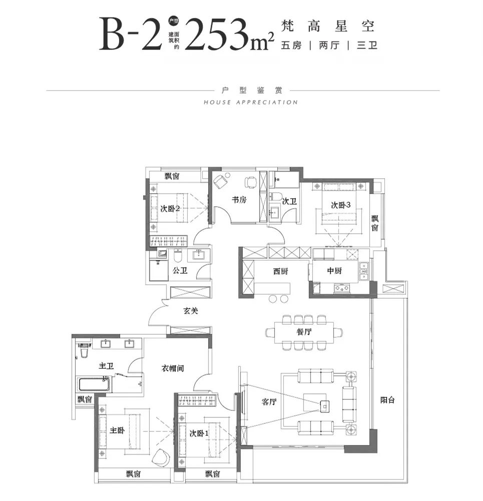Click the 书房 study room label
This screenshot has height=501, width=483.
click(x=239, y=200)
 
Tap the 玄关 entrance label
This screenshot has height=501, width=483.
click(x=191, y=311)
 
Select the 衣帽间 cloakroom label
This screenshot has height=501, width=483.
click(x=173, y=368)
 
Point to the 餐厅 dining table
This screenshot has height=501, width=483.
click(x=304, y=332)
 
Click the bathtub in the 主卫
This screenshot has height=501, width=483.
click(x=95, y=384)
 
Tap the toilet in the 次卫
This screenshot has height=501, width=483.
click(x=276, y=196)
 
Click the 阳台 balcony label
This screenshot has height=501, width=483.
click(x=387, y=400)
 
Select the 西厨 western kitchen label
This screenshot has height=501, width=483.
click(x=281, y=271)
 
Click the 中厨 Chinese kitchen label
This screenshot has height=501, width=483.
click(x=334, y=271)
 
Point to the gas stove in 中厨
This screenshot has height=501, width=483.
click(x=341, y=288)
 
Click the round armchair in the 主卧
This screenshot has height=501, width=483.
click(x=162, y=458)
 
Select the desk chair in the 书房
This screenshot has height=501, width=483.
click(x=251, y=182)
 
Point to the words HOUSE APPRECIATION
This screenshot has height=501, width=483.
click(x=251, y=103)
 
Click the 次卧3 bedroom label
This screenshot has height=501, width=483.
click(x=341, y=205)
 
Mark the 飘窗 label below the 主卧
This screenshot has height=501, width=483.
click(x=133, y=474)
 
